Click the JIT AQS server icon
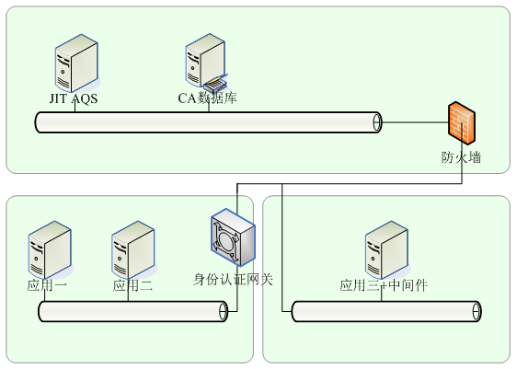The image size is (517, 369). coord(76,63)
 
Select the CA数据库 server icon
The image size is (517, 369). coord(206,62)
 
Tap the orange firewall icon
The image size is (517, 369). coord(462,122)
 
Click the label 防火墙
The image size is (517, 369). coord(461,157)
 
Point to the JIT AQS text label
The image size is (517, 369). coord(74,98)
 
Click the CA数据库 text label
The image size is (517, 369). coord(207,98)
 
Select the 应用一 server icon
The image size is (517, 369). coord(50,249)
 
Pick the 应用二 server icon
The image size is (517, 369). coord(133,249)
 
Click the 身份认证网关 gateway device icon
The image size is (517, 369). coord(233,237)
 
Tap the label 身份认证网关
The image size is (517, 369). coord(233,280)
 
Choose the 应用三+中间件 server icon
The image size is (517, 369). coord(387,249)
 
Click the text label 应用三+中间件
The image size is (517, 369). coord(384,285)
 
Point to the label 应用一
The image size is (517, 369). coord(47,285)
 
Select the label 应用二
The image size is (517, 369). coord(132,285)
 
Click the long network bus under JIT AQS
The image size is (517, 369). coord(209,122)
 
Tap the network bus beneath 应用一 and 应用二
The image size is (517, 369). coord(133,311)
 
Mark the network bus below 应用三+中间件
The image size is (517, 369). coord(386,311)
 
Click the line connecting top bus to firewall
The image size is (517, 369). coord(415,122)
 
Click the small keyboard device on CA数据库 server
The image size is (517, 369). coord(215,85)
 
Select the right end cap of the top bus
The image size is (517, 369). coord(377,122)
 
